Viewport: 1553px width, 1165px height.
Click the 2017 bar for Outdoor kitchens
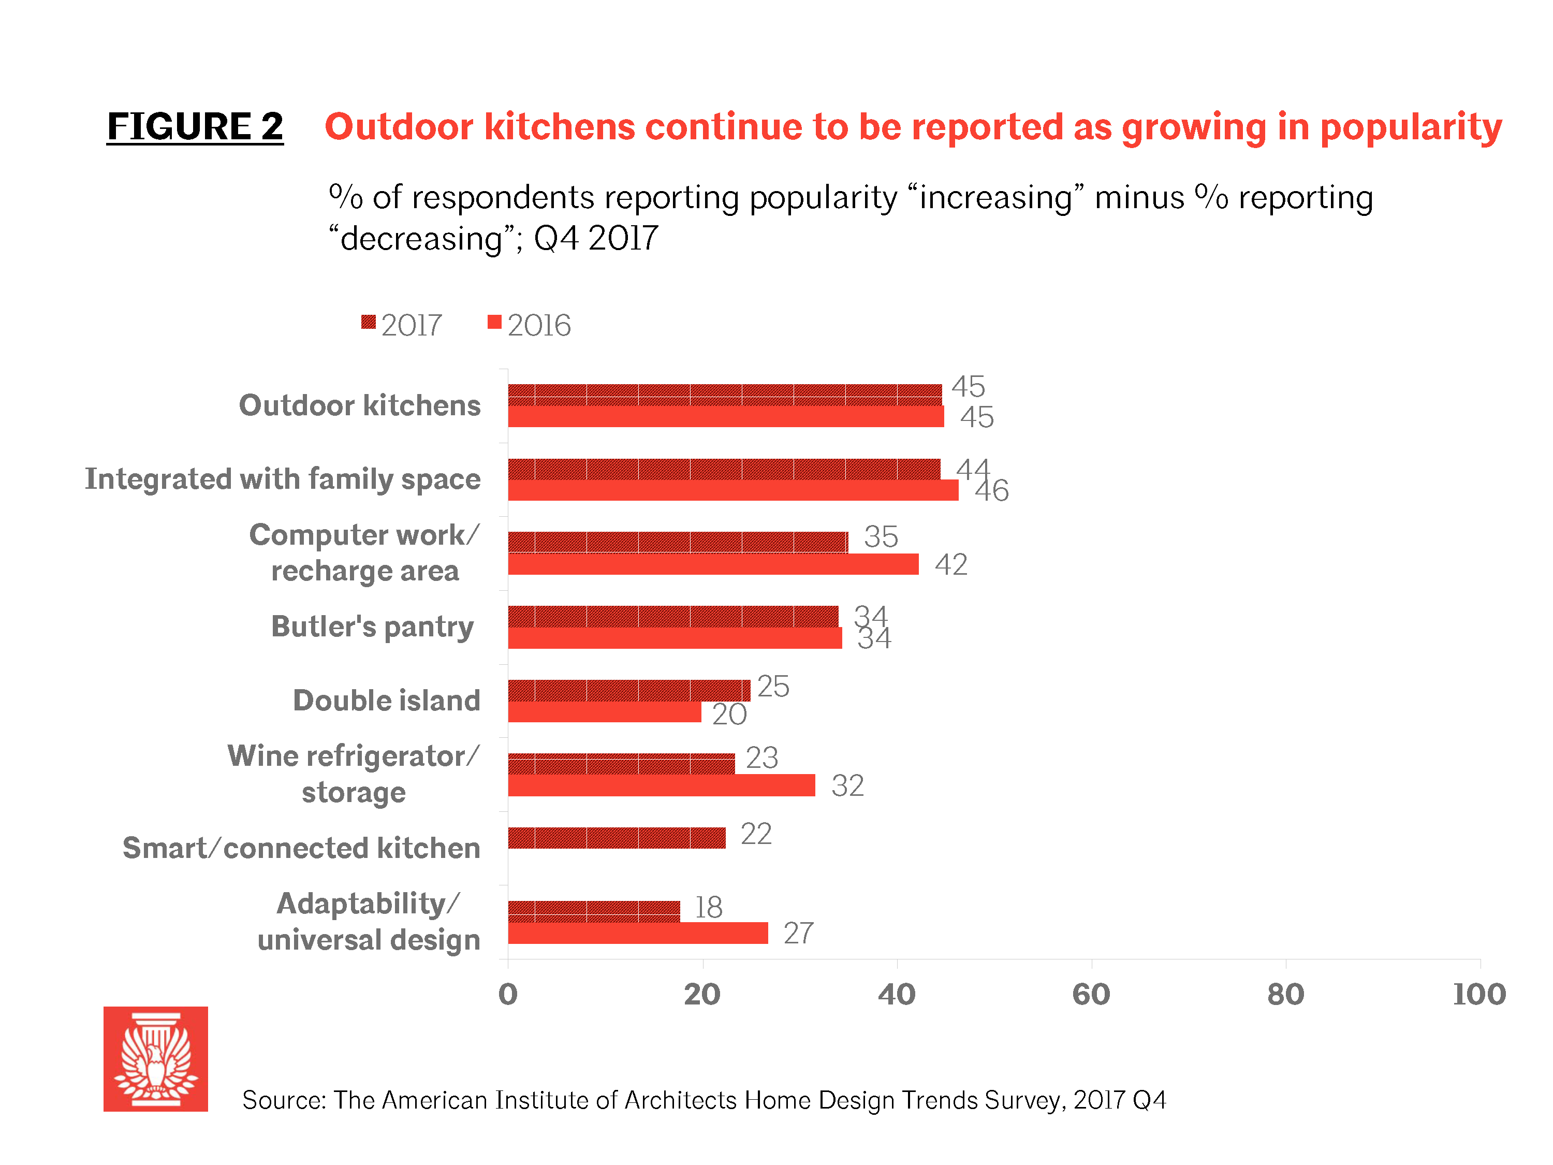[725, 395]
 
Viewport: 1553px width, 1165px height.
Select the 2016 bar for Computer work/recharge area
[713, 564]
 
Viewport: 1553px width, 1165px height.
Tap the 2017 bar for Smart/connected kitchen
[617, 838]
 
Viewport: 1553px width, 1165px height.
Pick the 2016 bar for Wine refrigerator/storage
[662, 785]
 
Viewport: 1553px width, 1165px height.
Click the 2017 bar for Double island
[628, 690]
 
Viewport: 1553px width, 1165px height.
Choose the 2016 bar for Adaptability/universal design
[637, 933]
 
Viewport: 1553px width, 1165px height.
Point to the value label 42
[950, 564]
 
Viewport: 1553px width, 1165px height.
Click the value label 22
[755, 834]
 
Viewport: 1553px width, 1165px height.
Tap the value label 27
[798, 933]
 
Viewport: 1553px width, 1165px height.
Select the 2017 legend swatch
[368, 323]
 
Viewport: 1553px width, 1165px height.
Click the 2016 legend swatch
[494, 323]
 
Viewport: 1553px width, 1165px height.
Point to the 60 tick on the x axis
[1091, 994]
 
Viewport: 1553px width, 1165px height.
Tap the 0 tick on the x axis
[508, 994]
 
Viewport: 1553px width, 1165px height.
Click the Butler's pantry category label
[372, 627]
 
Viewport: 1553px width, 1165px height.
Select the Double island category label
[386, 701]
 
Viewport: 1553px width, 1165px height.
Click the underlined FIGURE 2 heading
[195, 127]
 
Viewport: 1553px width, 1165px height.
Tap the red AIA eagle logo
[156, 1059]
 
